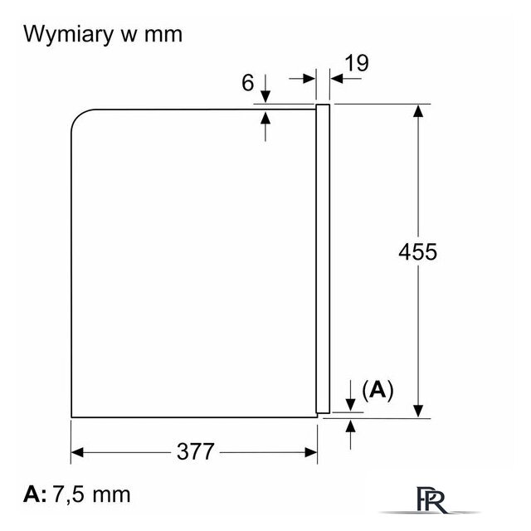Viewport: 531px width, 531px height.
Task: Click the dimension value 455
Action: click(x=417, y=252)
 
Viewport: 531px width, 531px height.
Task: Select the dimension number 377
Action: click(x=196, y=451)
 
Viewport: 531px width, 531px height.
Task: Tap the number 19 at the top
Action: click(x=357, y=63)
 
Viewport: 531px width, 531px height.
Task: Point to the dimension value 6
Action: click(x=247, y=83)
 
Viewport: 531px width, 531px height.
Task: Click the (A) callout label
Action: click(x=378, y=390)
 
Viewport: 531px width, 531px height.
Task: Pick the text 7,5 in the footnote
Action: click(x=68, y=494)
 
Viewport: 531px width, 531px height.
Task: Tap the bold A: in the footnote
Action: click(x=35, y=494)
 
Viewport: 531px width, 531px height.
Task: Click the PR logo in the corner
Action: click(x=431, y=499)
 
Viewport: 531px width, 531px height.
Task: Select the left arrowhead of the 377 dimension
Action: click(x=77, y=452)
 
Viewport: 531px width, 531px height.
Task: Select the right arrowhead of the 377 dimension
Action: click(x=311, y=452)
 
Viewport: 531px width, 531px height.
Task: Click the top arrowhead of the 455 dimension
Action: click(x=418, y=110)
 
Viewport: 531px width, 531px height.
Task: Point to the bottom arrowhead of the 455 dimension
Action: click(x=418, y=411)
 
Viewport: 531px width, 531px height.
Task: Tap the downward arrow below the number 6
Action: click(x=265, y=89)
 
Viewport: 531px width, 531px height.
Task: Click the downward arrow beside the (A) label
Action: click(x=350, y=395)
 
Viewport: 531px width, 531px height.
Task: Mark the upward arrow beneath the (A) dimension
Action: click(x=350, y=434)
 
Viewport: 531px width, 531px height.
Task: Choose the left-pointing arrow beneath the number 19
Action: click(x=346, y=79)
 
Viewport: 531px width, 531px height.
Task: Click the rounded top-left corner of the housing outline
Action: click(x=79, y=116)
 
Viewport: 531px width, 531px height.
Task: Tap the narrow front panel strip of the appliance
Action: click(x=323, y=259)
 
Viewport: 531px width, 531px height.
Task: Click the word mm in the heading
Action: click(x=163, y=35)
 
